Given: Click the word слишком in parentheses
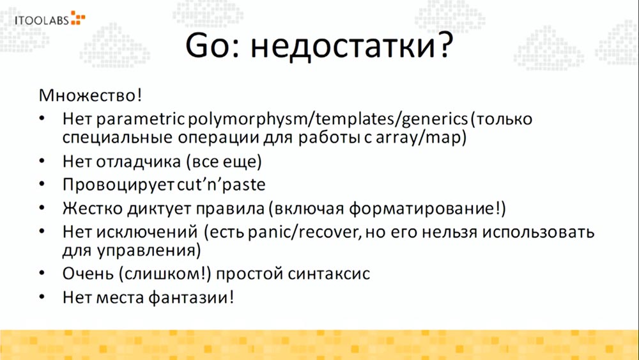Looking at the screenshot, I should point(178,273).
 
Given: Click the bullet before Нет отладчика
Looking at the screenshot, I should point(42,160).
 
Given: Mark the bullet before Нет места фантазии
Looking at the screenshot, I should point(42,297).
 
